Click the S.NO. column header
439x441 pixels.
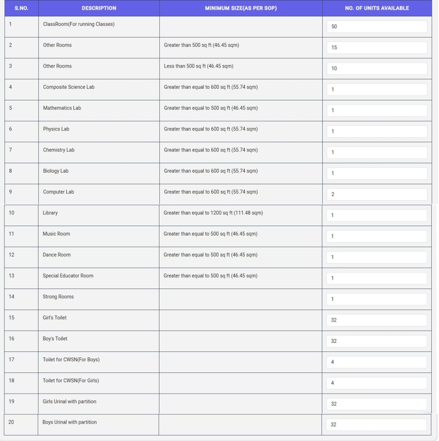click(x=21, y=8)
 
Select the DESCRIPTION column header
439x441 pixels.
click(x=99, y=8)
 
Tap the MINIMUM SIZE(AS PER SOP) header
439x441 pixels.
click(x=241, y=8)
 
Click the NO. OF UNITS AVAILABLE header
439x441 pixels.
click(x=377, y=8)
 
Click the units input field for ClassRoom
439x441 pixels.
click(x=377, y=27)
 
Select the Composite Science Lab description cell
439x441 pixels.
click(x=68, y=87)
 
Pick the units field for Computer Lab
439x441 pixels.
click(x=377, y=194)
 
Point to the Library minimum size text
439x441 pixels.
click(x=213, y=213)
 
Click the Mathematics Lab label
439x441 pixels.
click(x=62, y=108)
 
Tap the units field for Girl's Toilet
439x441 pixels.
click(x=377, y=320)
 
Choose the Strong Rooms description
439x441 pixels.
click(x=58, y=297)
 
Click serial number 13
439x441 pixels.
click(x=12, y=276)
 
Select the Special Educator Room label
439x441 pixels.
click(x=68, y=276)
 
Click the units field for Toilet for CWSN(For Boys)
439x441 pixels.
click(x=377, y=362)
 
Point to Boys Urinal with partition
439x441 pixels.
click(x=69, y=422)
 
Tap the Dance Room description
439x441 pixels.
click(x=56, y=255)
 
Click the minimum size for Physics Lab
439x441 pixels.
click(x=211, y=129)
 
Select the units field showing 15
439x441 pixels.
click(x=377, y=47)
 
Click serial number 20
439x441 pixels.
click(x=11, y=422)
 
